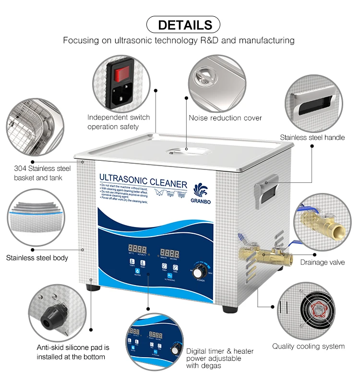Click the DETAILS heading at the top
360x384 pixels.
click(x=185, y=24)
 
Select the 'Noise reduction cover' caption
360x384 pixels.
click(x=225, y=118)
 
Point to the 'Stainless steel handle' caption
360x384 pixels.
click(x=312, y=137)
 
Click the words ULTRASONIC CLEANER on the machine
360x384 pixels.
click(x=143, y=182)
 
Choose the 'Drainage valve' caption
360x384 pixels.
click(x=323, y=262)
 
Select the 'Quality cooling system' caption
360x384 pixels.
click(x=309, y=346)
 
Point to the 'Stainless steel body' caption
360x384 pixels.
click(x=37, y=258)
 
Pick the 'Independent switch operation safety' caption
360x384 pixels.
click(x=118, y=122)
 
